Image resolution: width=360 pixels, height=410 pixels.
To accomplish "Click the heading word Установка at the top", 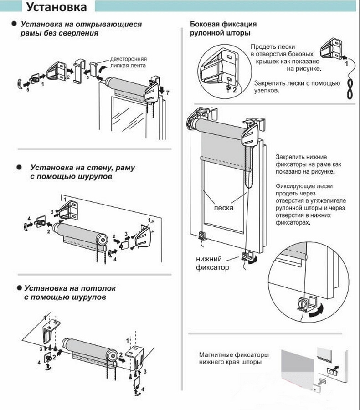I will click(56, 8).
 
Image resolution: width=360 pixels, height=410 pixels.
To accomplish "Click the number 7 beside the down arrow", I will click(168, 93).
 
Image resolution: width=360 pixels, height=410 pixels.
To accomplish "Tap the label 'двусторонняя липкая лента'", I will click(128, 62).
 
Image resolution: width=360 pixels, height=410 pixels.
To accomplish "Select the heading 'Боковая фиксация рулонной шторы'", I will click(223, 28).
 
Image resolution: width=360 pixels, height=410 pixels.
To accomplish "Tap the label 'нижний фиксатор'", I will click(212, 263).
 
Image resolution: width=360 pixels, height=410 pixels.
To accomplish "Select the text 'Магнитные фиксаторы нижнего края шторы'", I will click(233, 358).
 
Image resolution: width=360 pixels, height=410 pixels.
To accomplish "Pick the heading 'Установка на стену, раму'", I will click(82, 168).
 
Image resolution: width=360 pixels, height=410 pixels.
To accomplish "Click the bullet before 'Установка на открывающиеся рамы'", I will click(15, 23).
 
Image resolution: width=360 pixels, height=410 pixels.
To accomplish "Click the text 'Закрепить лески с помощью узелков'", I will click(297, 87).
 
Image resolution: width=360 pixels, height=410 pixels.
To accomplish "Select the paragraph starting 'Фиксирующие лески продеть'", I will click(311, 205).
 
